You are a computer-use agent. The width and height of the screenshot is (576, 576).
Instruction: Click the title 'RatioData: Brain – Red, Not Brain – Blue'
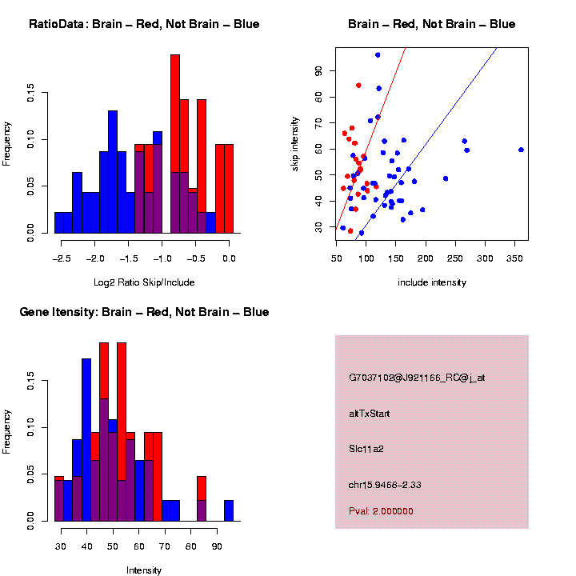pos(144,24)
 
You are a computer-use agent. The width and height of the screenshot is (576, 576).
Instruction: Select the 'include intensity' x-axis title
pos(431,282)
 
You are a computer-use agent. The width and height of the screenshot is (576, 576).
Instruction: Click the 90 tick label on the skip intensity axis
pos(318,70)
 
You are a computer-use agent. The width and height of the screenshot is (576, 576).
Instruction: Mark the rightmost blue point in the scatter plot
pos(521,150)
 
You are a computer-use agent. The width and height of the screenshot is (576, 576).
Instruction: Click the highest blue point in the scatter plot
pos(378,54)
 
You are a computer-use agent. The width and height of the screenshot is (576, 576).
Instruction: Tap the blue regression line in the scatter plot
pos(448,120)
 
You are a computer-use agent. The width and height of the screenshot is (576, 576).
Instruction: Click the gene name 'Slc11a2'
pos(366,449)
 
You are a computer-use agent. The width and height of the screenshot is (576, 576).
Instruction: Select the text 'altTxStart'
pos(370,414)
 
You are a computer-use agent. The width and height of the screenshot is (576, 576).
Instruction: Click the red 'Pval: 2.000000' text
pos(382,511)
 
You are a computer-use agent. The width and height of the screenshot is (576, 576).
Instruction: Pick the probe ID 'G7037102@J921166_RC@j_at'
pos(417,378)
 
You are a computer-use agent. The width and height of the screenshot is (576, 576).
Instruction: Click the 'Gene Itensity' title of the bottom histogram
pos(144,312)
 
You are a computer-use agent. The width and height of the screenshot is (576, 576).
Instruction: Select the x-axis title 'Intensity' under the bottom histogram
pos(144,570)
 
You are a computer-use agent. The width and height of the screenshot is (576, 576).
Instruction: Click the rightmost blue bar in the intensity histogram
pos(228,511)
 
